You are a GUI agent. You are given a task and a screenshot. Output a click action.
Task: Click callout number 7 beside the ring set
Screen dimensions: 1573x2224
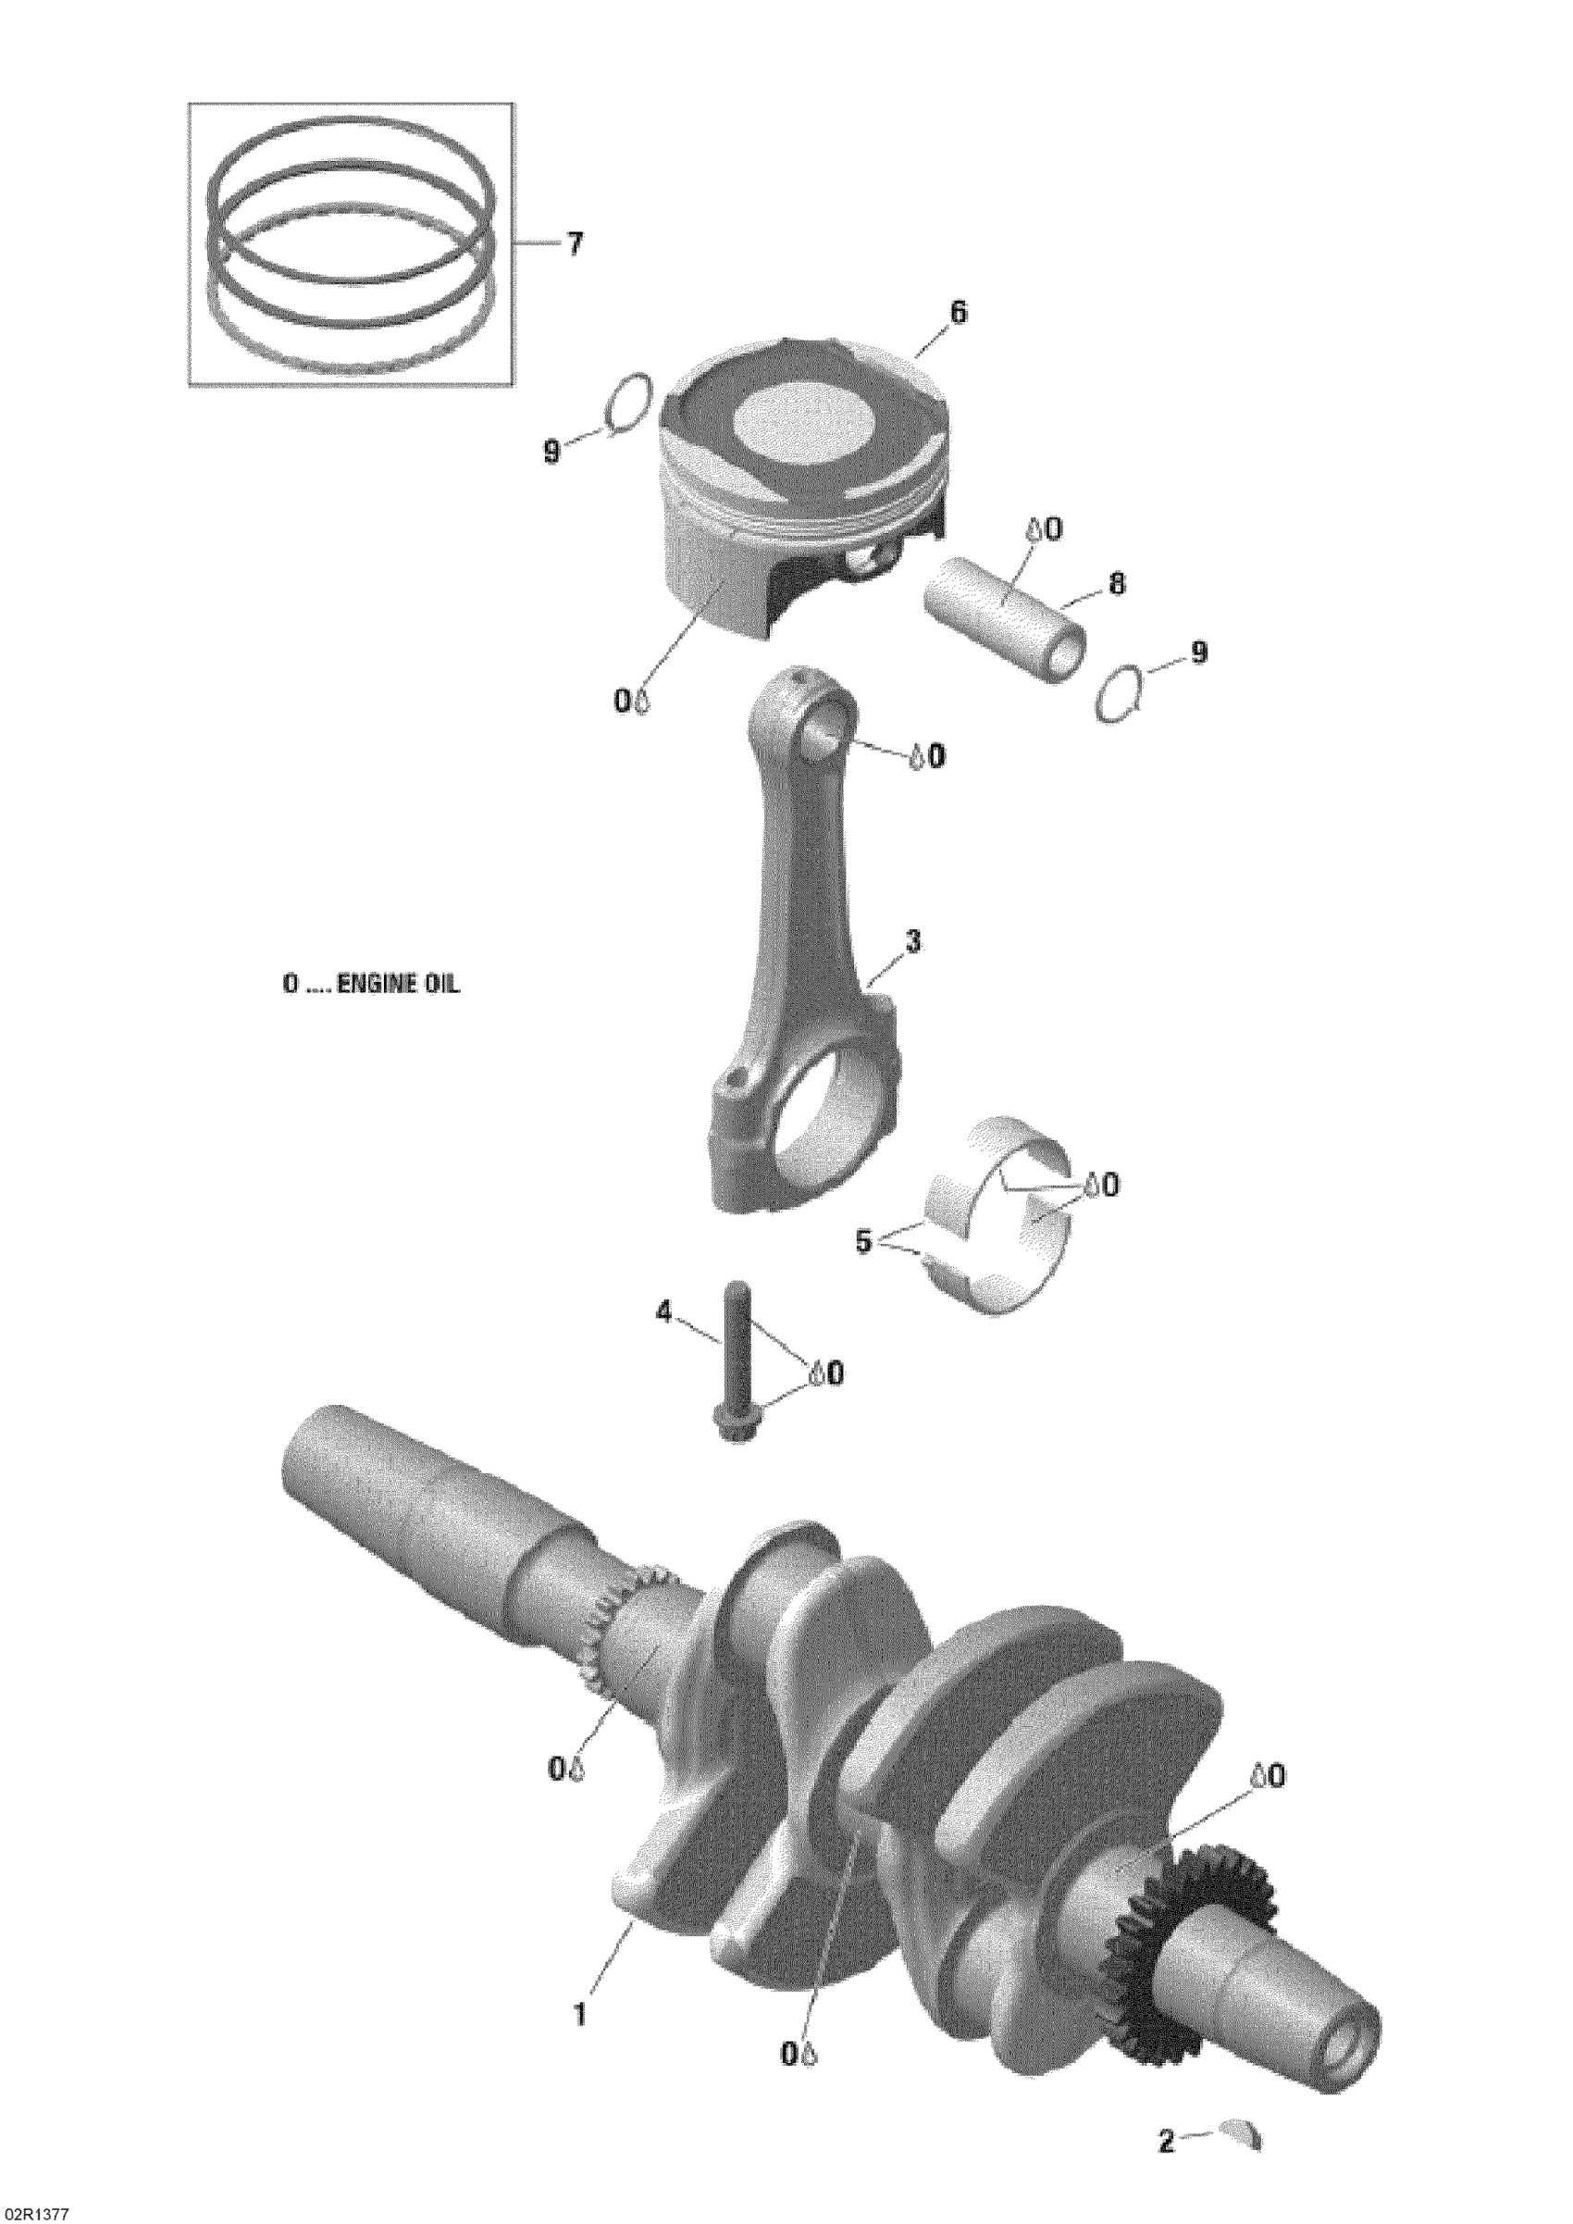575,245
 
